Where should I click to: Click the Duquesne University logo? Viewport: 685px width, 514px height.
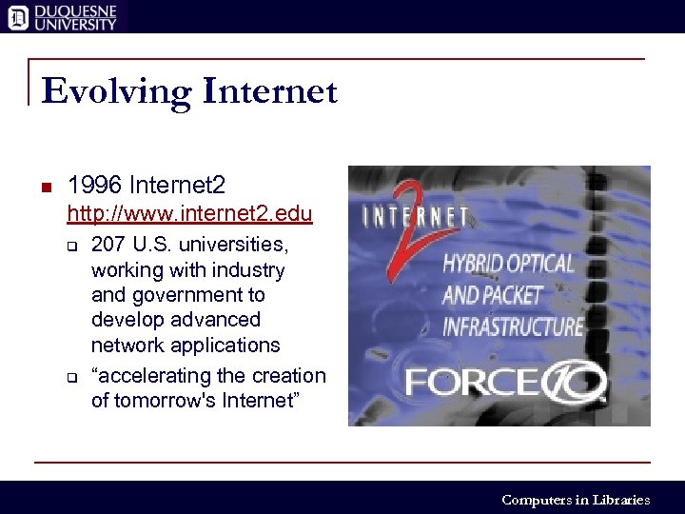tap(62, 16)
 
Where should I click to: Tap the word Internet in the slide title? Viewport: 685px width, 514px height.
tap(269, 90)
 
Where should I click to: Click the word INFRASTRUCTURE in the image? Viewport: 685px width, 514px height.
tap(513, 326)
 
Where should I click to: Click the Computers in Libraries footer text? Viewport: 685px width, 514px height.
tap(576, 500)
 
